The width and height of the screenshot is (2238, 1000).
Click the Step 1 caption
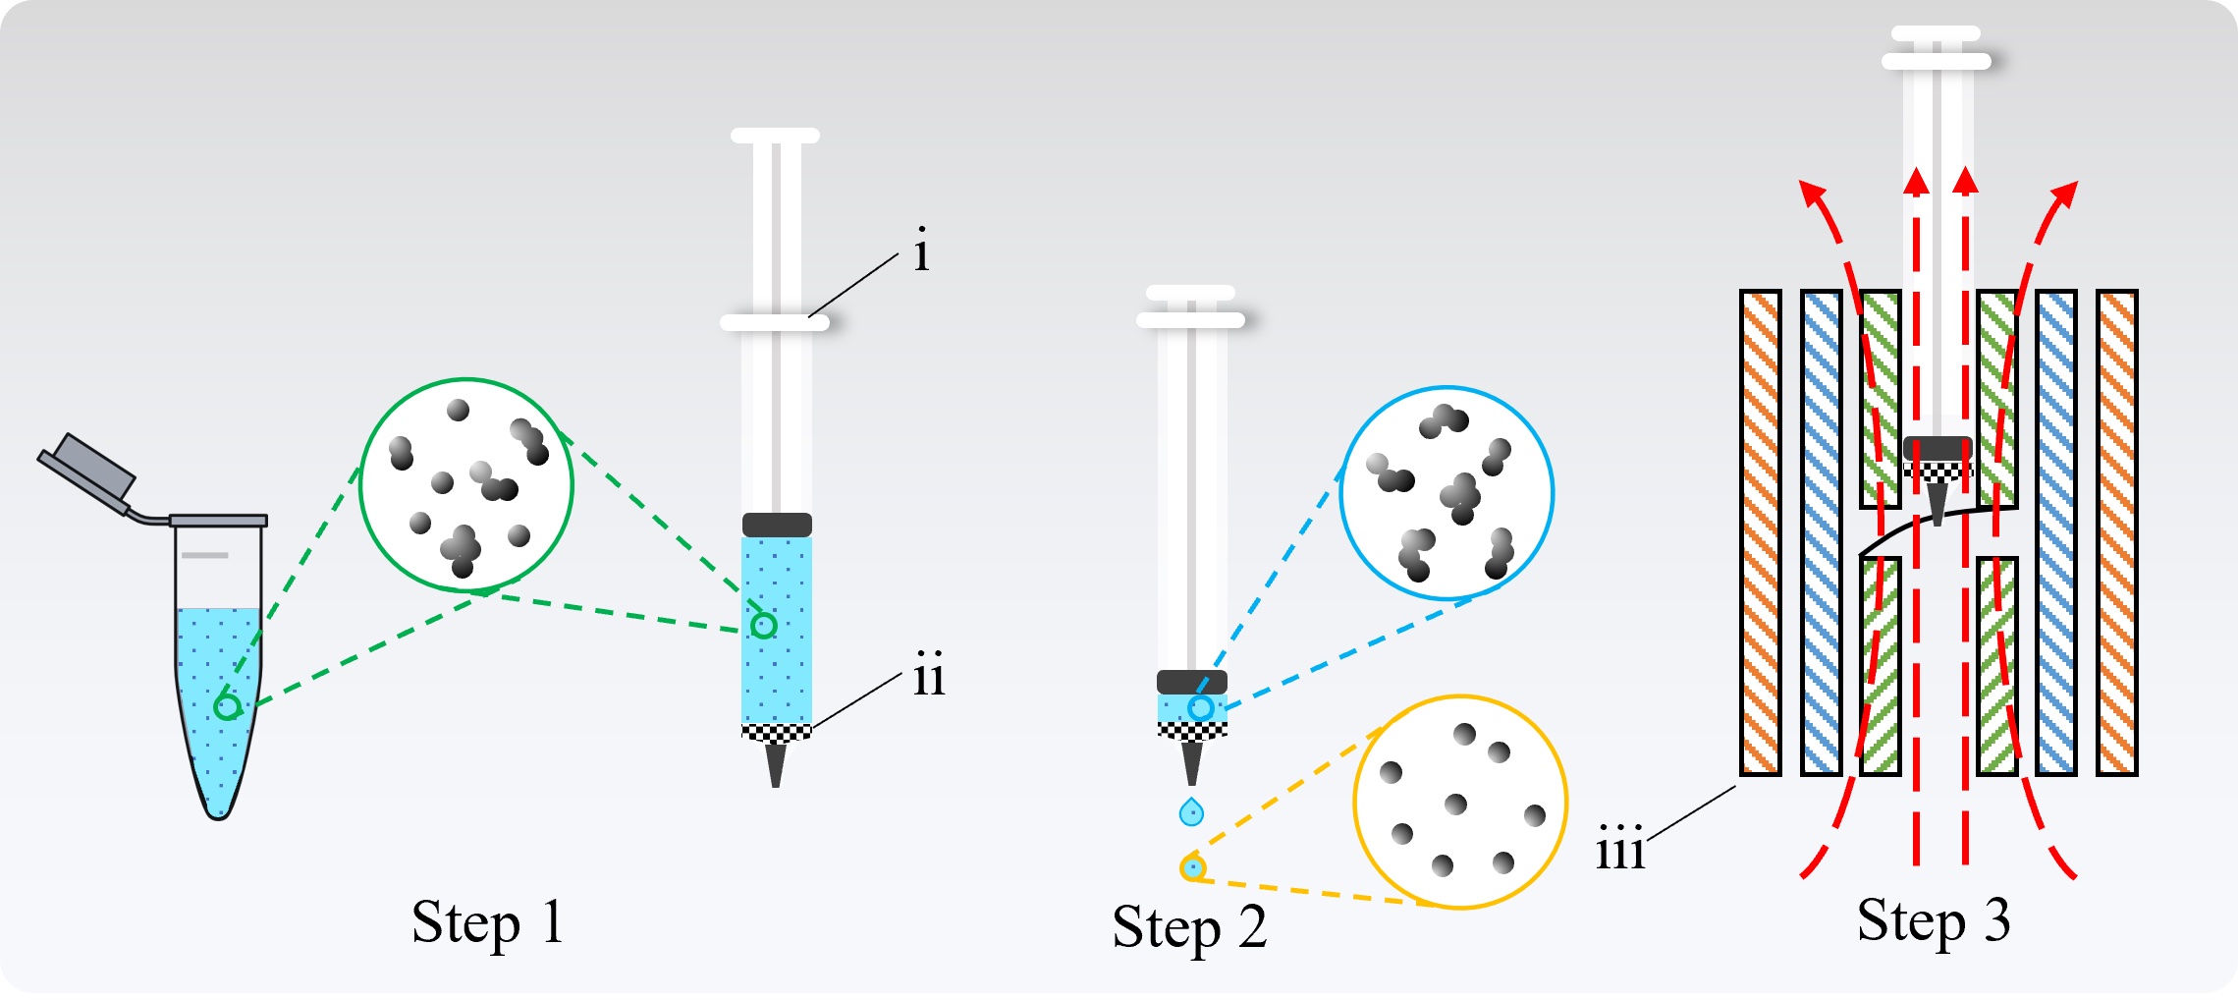[x=487, y=923]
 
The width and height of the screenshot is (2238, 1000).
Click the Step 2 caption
[x=1189, y=927]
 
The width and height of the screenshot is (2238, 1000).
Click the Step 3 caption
[x=1933, y=921]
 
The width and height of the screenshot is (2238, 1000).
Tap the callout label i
[x=920, y=250]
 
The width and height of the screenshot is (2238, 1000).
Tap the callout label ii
[x=928, y=675]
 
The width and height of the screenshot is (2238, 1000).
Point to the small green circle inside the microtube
[x=228, y=706]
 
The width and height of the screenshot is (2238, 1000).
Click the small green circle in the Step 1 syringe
[x=763, y=625]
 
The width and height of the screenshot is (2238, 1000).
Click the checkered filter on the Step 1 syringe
[x=776, y=732]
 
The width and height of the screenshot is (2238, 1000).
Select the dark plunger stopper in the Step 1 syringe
[x=777, y=525]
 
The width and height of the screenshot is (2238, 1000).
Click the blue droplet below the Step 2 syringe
[x=1191, y=812]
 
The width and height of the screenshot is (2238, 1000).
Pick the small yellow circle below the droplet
[x=1192, y=868]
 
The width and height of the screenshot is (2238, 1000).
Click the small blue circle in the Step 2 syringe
[x=1200, y=707]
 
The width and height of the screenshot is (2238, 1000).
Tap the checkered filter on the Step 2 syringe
[x=1192, y=730]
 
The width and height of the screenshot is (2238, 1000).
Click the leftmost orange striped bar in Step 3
[x=1760, y=532]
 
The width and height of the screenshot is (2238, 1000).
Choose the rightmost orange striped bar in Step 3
[x=2116, y=532]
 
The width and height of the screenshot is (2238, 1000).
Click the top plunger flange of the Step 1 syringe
[x=775, y=136]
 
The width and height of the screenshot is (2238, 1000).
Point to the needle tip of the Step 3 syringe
[x=1937, y=505]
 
